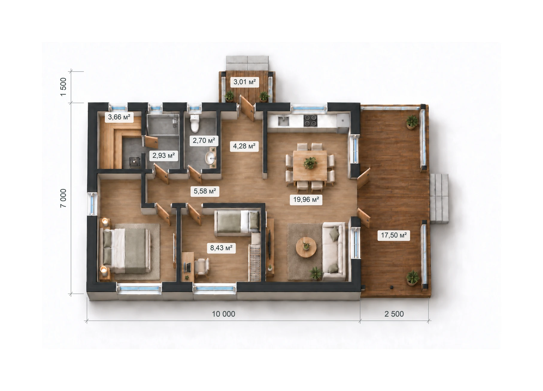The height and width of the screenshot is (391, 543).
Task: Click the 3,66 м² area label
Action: (x=119, y=117)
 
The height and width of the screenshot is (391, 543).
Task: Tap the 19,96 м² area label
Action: (x=306, y=199)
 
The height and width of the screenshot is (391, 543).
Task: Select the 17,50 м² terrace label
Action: (x=394, y=235)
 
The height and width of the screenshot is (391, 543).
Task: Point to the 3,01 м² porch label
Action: (x=245, y=81)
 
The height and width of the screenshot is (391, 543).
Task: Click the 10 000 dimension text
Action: (x=224, y=314)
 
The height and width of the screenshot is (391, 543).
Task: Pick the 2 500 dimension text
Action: (x=394, y=314)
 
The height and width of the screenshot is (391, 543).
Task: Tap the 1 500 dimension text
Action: (x=63, y=87)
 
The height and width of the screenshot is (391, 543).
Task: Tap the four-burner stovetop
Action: (x=310, y=121)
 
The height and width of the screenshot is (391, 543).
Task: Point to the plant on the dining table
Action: (x=310, y=163)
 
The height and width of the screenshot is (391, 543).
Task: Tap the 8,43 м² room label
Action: (x=221, y=248)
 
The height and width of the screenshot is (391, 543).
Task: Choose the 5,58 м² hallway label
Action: (x=205, y=191)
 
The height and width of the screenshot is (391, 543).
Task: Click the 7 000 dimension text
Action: (x=63, y=198)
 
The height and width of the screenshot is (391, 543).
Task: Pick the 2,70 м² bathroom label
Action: (x=204, y=140)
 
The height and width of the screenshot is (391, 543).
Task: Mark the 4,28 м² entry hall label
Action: (x=244, y=146)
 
